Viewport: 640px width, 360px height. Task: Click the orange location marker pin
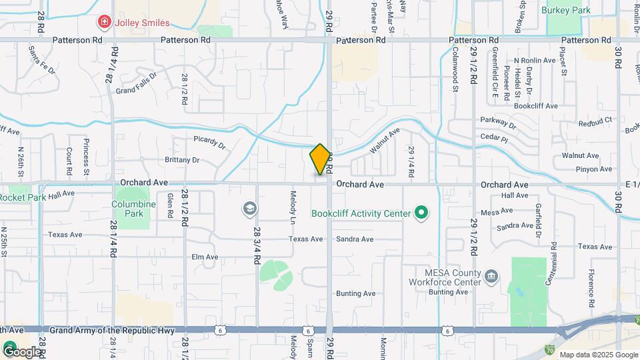[x=321, y=159]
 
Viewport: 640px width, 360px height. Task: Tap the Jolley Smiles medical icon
[x=104, y=23]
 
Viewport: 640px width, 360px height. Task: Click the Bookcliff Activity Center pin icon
[x=421, y=213]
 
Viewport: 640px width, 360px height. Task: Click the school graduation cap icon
[x=249, y=209]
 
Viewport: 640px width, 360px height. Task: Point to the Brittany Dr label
[x=182, y=160]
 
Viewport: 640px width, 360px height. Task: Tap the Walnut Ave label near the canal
[x=385, y=141]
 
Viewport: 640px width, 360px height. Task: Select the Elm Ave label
[x=205, y=257]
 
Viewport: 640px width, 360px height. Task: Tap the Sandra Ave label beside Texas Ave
[x=355, y=239]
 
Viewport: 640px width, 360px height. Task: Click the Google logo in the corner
[x=21, y=351]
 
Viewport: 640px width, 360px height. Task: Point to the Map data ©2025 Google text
[x=598, y=355]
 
